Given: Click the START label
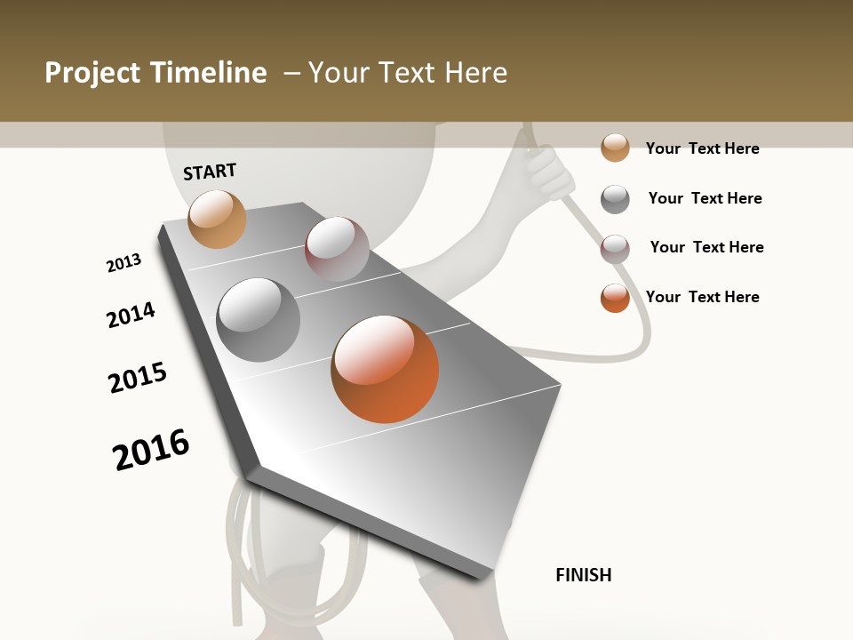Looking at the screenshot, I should tap(210, 172).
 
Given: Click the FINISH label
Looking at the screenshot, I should tap(583, 575).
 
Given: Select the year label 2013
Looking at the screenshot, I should tap(124, 263).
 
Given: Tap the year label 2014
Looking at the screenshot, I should tap(131, 315).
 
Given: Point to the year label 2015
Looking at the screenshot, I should tap(138, 377).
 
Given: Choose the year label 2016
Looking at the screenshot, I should tap(151, 449).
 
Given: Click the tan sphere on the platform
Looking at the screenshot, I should tap(217, 219).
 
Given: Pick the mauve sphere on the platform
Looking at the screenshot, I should tap(337, 249).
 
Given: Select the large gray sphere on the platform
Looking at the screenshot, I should tap(258, 320).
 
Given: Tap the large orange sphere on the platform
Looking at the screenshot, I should tap(385, 368).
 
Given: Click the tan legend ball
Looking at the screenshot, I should tap(615, 148).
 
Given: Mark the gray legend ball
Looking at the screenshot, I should tap(615, 199).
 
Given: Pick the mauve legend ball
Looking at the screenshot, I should tap(615, 249).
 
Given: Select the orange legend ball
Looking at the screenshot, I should tap(615, 298).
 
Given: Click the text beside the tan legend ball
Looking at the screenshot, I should tap(702, 148).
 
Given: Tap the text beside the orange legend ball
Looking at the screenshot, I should tap(702, 297).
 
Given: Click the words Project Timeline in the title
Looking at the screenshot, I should tap(155, 73).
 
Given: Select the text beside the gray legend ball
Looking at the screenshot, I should tap(705, 198).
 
